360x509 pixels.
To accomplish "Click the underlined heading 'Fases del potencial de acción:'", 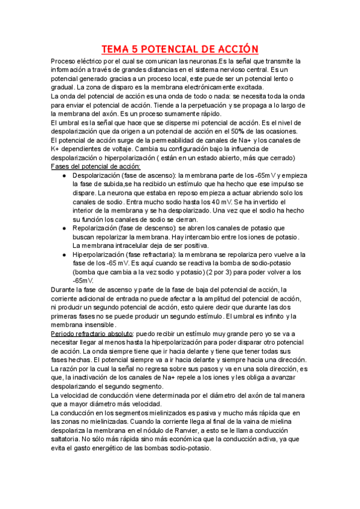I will point(96,166).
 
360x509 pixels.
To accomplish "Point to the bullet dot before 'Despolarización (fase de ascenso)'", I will point(64,175).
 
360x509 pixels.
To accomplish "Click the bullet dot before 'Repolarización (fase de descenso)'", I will point(64,229).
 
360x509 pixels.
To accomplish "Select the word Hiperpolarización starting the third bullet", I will point(100,254).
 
